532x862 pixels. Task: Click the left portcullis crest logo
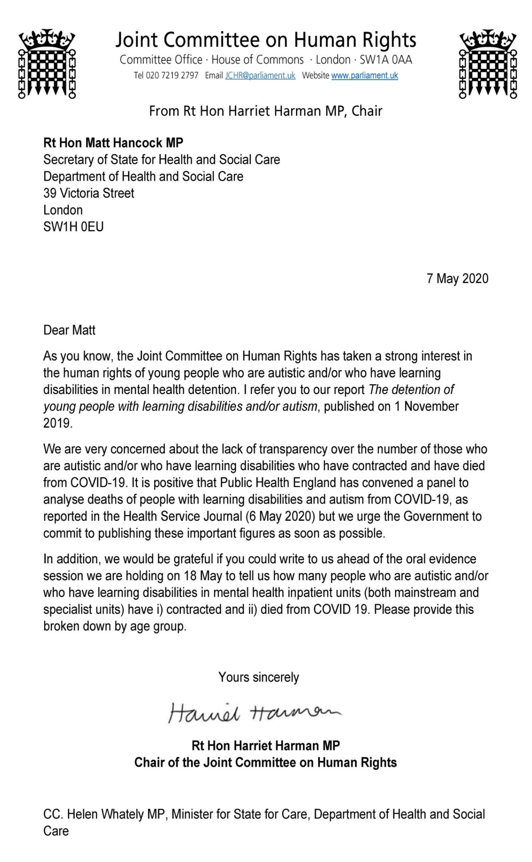pos(47,64)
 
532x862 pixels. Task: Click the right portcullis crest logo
pos(488,64)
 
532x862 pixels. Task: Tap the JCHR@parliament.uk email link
pos(260,75)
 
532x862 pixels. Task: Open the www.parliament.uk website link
pos(365,75)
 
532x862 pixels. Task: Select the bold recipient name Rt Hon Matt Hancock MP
pos(113,143)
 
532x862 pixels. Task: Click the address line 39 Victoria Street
pos(89,193)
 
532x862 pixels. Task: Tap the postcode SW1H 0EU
pos(73,227)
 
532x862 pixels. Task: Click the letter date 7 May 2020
pos(457,278)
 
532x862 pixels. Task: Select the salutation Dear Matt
pos(69,330)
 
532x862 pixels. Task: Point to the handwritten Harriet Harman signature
pos(254,712)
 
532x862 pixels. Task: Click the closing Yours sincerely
pos(258,677)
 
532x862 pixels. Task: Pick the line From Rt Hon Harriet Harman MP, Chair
pos(266,111)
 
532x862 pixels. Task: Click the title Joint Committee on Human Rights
pos(266,40)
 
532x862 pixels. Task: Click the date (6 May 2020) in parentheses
pos(281,516)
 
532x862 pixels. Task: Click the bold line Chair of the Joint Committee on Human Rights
pos(266,763)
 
